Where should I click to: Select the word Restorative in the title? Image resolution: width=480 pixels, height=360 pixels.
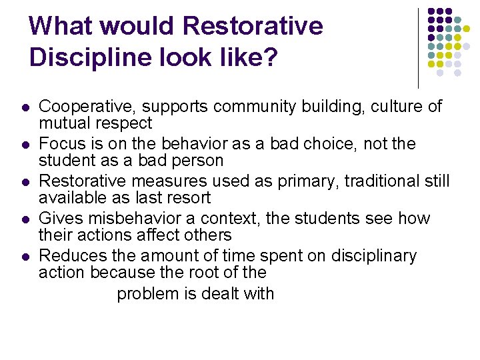(x=251, y=26)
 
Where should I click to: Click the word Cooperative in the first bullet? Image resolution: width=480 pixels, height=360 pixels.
(x=81, y=107)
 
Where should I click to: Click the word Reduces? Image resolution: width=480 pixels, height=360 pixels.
(x=69, y=256)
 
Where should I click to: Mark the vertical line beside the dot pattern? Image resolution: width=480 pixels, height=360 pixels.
(x=418, y=48)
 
